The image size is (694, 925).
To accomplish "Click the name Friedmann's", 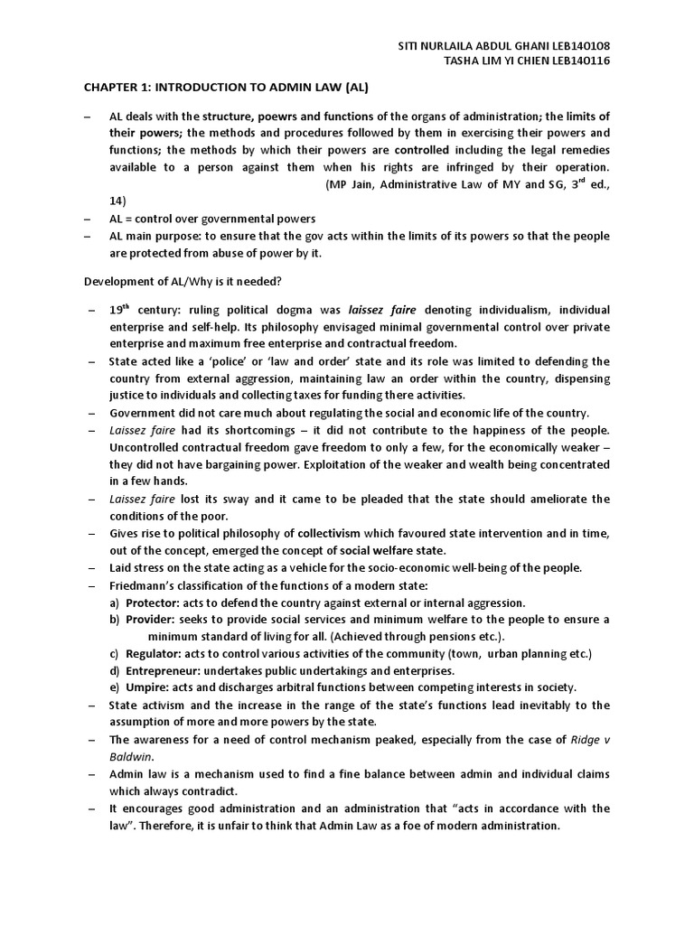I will point(146,585).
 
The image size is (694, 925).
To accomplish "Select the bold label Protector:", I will point(151,603).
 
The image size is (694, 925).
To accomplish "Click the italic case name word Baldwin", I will point(132,756).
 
